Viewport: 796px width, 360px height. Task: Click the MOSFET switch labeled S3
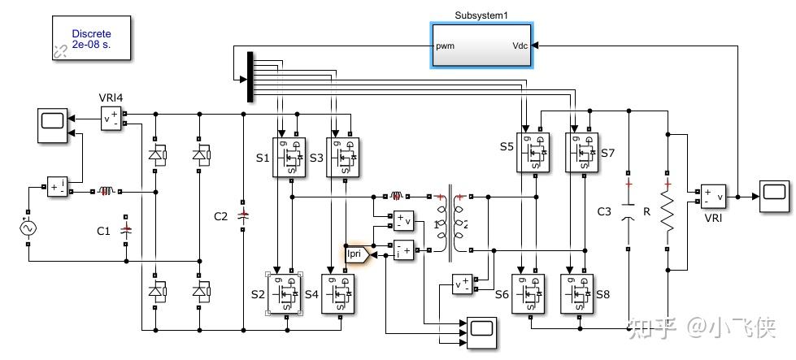point(345,155)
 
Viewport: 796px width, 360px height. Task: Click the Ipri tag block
point(355,254)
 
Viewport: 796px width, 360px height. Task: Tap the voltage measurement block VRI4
point(111,119)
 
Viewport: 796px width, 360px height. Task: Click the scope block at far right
point(774,197)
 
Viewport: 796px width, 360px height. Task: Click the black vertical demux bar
point(250,78)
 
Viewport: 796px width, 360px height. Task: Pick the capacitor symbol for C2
point(243,216)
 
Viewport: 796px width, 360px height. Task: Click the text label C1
point(103,232)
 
